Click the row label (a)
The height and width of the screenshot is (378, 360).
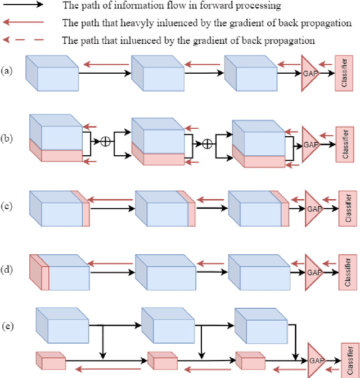pos(6,71)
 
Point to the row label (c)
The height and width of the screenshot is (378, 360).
pos(6,206)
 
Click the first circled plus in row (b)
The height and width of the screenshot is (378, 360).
pos(105,141)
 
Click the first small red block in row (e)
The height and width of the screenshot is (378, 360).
pos(51,359)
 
